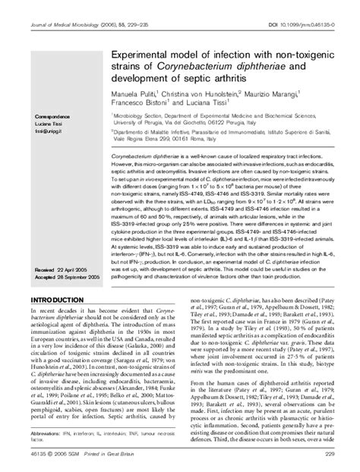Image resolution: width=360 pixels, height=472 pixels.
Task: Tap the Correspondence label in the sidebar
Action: click(52, 116)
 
